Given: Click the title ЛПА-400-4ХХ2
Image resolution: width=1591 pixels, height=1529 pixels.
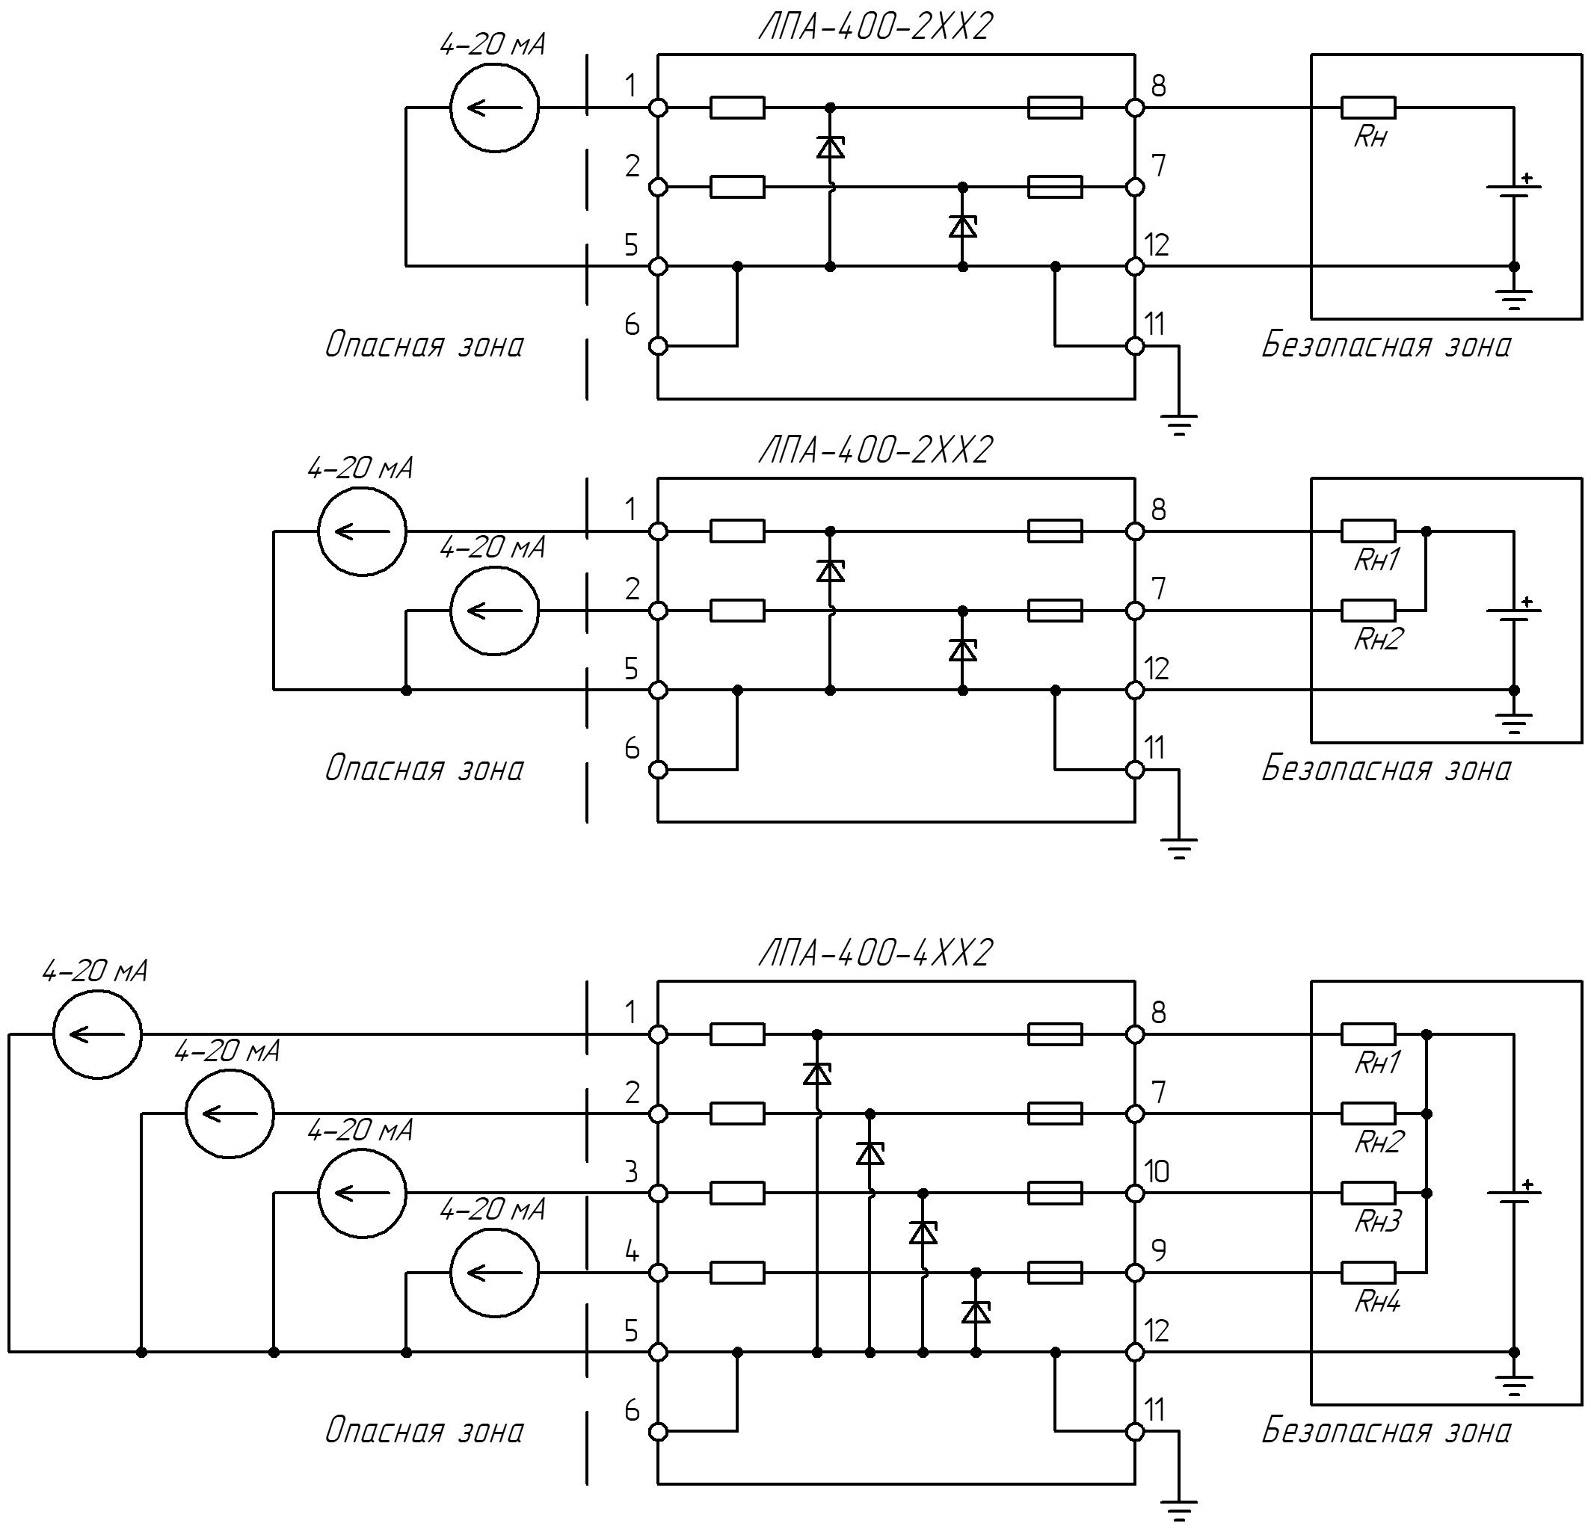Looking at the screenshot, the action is [875, 953].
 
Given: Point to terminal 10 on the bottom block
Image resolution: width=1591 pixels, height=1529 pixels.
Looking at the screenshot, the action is [1135, 1193].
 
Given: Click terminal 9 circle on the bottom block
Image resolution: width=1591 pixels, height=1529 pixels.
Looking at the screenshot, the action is [1135, 1273].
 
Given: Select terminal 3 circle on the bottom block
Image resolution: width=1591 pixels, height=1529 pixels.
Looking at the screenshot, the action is [659, 1193].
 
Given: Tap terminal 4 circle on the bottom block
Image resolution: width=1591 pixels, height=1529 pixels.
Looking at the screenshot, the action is [659, 1273].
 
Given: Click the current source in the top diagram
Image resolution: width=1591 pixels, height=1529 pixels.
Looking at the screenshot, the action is [494, 107].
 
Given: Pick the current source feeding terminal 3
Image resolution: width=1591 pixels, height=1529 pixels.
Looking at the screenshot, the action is [362, 1193].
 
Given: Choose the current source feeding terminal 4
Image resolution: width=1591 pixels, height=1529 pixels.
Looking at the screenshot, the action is [494, 1273].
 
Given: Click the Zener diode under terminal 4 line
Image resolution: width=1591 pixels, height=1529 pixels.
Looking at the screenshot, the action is [976, 1311].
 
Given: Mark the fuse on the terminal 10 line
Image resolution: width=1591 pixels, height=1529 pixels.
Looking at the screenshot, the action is [1054, 1193].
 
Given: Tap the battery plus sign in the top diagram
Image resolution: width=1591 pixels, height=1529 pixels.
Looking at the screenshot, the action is [1527, 178].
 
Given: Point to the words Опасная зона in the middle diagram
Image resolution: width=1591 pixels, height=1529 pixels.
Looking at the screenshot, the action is [424, 768].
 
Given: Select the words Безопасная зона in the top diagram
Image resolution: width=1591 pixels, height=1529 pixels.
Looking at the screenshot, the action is [1385, 345].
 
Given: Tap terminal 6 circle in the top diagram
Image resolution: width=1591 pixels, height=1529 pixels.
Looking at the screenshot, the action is [659, 346].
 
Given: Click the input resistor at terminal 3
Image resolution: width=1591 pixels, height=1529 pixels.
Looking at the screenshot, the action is [737, 1193].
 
